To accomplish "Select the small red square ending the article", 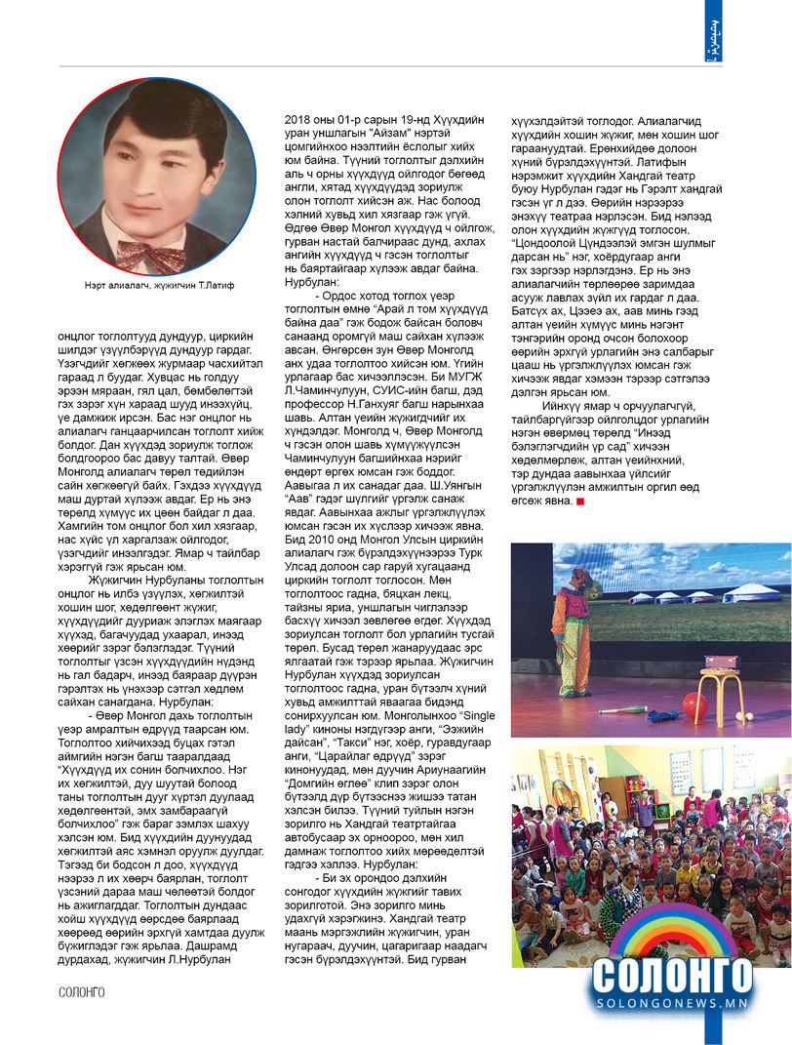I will (580, 502).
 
